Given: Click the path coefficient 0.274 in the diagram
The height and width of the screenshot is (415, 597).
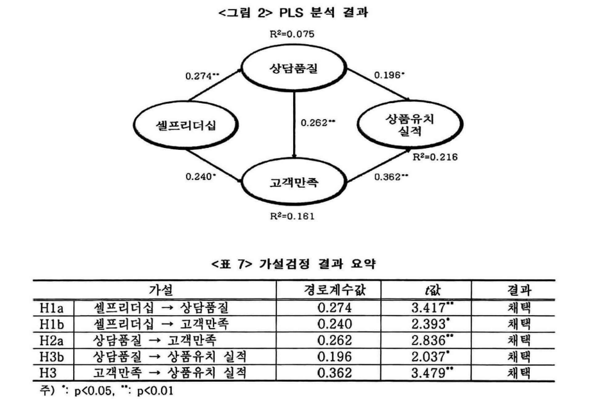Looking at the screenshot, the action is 201,76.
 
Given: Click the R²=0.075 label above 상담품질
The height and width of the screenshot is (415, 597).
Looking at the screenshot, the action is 292,33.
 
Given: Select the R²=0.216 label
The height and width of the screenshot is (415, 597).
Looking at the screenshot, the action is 434,157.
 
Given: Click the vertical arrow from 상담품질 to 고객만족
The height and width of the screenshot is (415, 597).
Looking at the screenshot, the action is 294,125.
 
